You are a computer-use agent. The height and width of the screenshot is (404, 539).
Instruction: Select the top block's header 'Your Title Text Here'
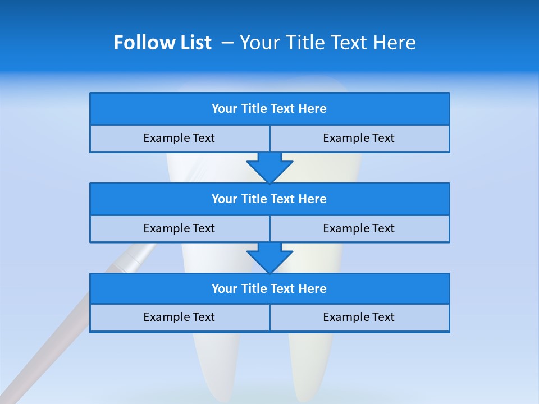pyautogui.click(x=269, y=109)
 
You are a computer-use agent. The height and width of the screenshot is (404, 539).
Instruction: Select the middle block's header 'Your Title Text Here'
pyautogui.click(x=269, y=199)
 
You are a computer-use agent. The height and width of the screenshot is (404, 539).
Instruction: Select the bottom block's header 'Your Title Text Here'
pyautogui.click(x=269, y=288)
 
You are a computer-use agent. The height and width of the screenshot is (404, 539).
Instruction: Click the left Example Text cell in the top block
pyautogui.click(x=179, y=139)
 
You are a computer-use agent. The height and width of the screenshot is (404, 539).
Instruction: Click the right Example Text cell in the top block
pyautogui.click(x=359, y=139)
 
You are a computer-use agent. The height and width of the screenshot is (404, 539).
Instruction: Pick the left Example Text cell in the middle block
pyautogui.click(x=179, y=228)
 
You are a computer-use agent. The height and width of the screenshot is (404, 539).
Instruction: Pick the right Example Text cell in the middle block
pyautogui.click(x=359, y=228)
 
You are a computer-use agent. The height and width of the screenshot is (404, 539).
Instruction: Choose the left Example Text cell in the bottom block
pyautogui.click(x=179, y=317)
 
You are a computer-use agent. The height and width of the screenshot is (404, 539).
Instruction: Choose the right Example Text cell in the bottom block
pyautogui.click(x=359, y=317)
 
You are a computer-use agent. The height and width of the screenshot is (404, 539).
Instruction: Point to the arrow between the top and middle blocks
pyautogui.click(x=269, y=167)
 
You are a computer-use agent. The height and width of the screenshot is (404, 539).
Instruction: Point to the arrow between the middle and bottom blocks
pyautogui.click(x=269, y=258)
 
